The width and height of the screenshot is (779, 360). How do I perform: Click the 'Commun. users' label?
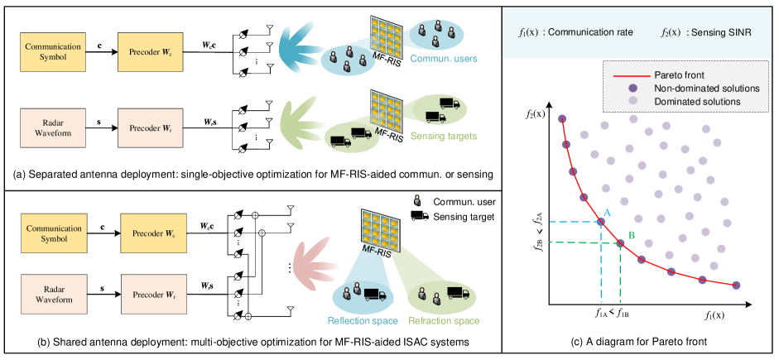coord(444,59)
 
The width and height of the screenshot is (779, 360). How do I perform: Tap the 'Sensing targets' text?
coord(444,135)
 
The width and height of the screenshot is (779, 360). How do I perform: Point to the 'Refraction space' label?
coord(444,320)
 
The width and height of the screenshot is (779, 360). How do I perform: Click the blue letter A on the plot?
coord(607,213)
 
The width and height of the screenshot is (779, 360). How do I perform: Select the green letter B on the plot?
coord(631,234)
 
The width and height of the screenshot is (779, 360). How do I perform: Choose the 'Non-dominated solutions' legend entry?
coord(706,88)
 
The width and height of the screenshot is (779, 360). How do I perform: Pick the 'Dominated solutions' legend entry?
coord(697,101)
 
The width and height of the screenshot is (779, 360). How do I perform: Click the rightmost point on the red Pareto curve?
coord(736,286)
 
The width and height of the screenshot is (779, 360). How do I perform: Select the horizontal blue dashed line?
coord(575,222)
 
